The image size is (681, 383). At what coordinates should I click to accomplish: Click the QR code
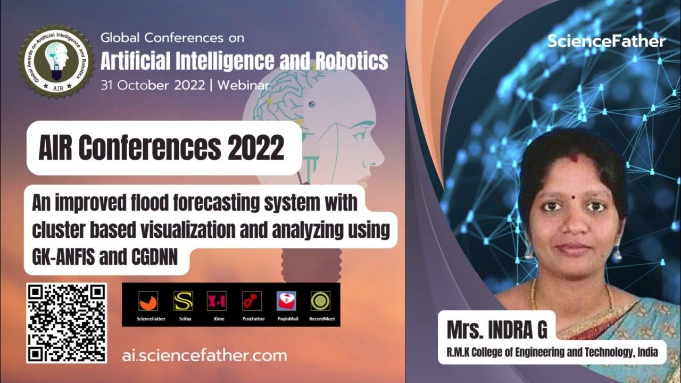click(x=67, y=322)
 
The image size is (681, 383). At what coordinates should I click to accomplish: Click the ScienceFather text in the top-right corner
click(x=606, y=41)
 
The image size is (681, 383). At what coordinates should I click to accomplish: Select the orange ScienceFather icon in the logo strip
click(x=148, y=302)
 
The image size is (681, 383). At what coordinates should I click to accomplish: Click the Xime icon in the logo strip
click(x=215, y=302)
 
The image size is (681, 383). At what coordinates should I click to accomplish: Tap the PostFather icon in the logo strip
click(x=251, y=302)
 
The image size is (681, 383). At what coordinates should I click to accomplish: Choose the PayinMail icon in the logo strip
click(x=286, y=302)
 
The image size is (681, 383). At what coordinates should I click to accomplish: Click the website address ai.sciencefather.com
click(x=204, y=355)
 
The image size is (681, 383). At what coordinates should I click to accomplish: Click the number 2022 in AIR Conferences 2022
click(x=256, y=149)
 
